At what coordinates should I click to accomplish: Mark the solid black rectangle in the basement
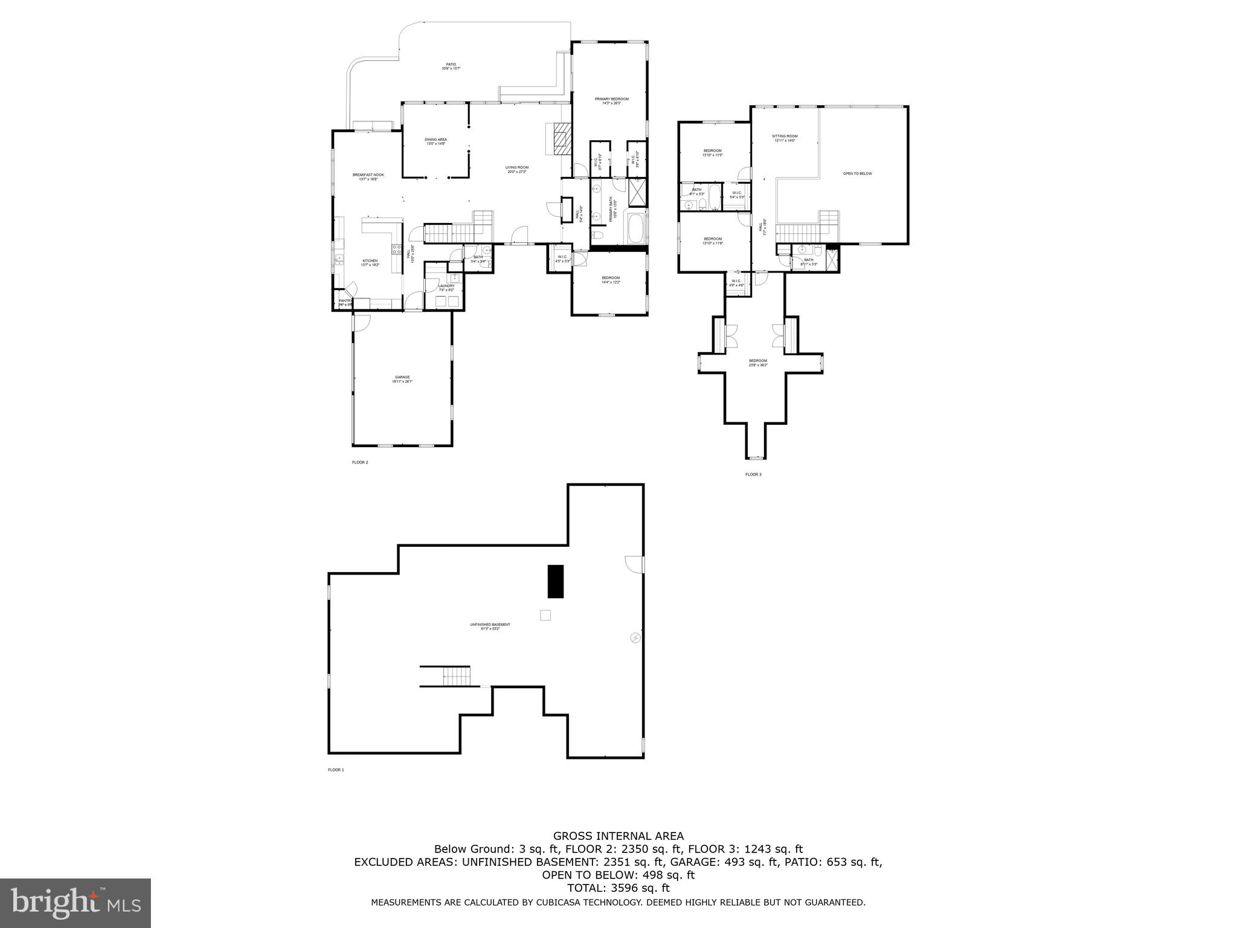point(555,581)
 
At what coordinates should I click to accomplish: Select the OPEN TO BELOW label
point(857,173)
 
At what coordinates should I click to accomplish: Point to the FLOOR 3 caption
point(753,474)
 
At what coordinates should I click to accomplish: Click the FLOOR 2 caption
point(360,462)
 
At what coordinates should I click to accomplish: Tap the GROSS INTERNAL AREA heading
point(618,836)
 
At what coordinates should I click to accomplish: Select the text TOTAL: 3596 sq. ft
point(618,888)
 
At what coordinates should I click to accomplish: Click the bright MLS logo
point(76,903)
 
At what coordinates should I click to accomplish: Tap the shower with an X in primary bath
point(637,193)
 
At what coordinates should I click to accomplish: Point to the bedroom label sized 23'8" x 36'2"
point(757,362)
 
